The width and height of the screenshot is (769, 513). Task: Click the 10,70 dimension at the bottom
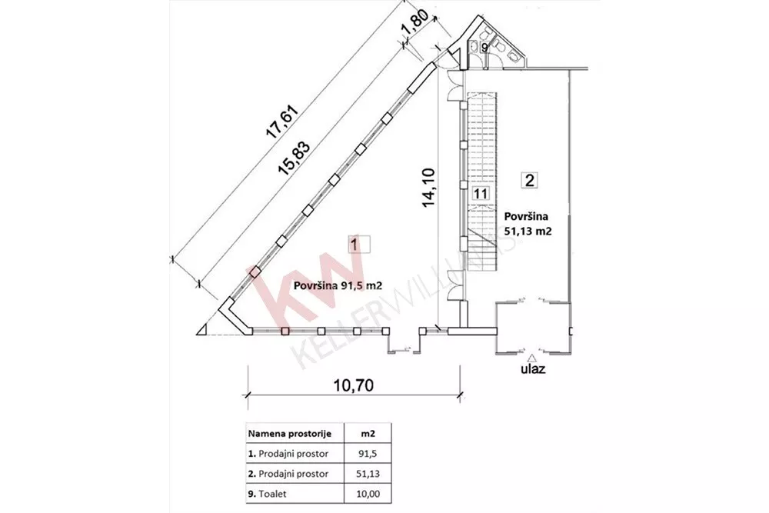[x=353, y=385]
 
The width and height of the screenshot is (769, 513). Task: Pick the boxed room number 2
[x=530, y=180]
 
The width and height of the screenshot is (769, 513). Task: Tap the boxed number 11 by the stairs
[x=481, y=193]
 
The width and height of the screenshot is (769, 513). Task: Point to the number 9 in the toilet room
[x=484, y=48]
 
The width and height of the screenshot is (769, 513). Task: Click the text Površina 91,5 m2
[x=338, y=286]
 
